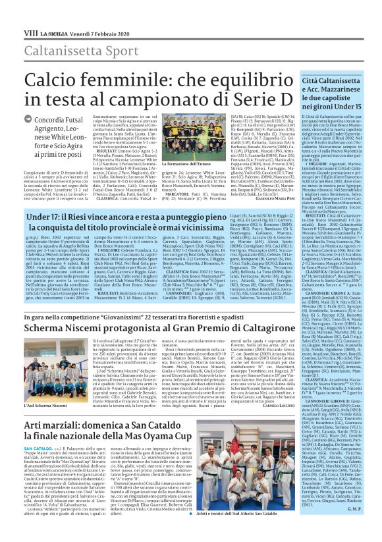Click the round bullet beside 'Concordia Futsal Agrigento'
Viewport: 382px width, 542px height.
click(x=28, y=121)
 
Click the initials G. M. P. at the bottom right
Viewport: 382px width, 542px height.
click(x=353, y=526)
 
